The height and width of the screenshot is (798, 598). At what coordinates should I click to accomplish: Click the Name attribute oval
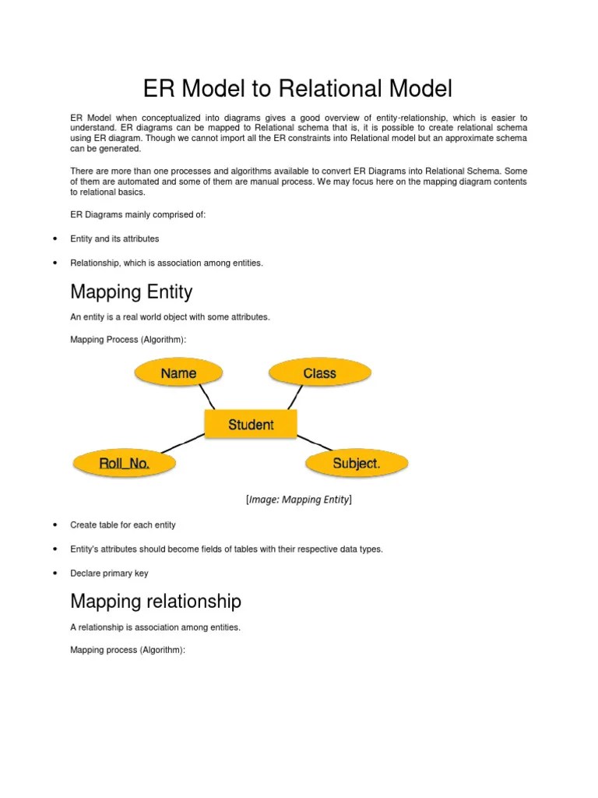(x=178, y=373)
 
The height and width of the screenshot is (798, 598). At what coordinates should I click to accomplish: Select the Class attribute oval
(x=318, y=373)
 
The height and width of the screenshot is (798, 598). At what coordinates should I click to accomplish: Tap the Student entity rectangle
(x=251, y=425)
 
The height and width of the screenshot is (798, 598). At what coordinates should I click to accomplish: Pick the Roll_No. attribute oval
(x=125, y=464)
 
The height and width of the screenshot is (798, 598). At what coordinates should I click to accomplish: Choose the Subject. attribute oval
(x=357, y=464)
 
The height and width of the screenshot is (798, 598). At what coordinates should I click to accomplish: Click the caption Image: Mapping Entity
(x=299, y=500)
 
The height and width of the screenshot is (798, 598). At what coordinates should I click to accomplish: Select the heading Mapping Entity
(x=131, y=292)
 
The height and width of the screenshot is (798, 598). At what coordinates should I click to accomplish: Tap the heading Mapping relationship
(x=156, y=601)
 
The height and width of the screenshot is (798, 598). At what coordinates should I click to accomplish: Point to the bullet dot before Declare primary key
(x=55, y=574)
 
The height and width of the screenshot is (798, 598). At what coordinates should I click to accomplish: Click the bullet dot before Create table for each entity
(x=55, y=525)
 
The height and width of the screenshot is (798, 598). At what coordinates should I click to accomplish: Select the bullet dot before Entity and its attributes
(x=55, y=238)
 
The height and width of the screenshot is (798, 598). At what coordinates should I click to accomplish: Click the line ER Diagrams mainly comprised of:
(x=138, y=214)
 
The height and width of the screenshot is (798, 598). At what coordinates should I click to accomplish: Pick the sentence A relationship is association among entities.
(x=155, y=627)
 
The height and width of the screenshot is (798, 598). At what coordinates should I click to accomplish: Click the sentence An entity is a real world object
(x=170, y=317)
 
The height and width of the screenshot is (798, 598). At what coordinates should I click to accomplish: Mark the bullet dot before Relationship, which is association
(x=55, y=263)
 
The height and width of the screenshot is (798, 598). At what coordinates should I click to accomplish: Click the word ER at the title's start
(x=160, y=89)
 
